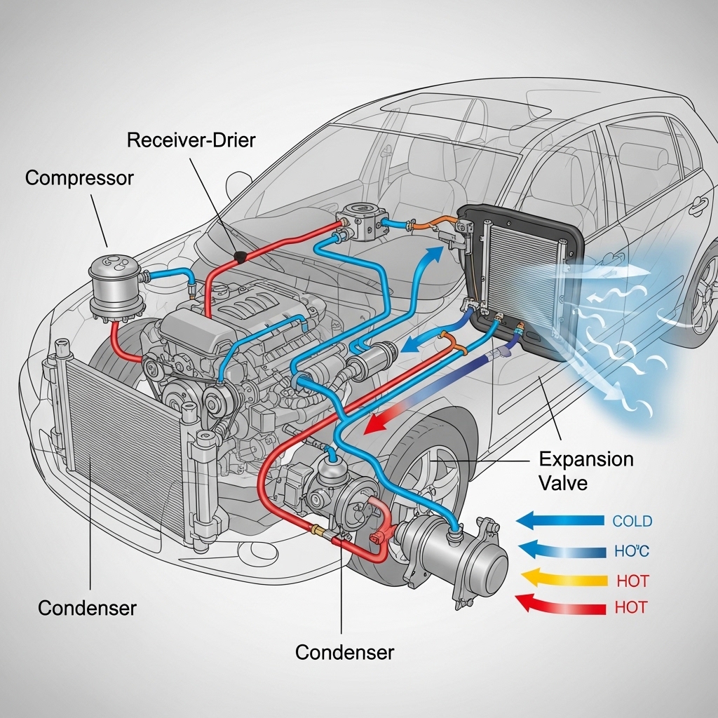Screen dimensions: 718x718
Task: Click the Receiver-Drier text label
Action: (191, 140)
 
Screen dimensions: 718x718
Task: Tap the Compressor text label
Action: (79, 178)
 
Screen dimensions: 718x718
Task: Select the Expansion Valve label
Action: (585, 470)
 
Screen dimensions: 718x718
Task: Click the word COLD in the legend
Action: (632, 522)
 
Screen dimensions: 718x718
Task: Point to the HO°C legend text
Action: (631, 552)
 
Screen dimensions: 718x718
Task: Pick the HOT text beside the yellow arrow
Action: (632, 581)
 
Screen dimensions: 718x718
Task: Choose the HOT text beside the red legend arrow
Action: (631, 608)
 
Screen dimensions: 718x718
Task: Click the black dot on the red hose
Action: (241, 257)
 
